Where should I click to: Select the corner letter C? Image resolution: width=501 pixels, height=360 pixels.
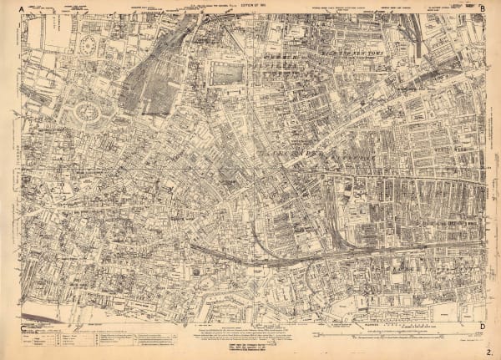pyautogui.click(x=19, y=328)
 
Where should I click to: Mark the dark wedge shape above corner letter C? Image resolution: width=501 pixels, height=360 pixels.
pyautogui.click(x=38, y=320)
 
